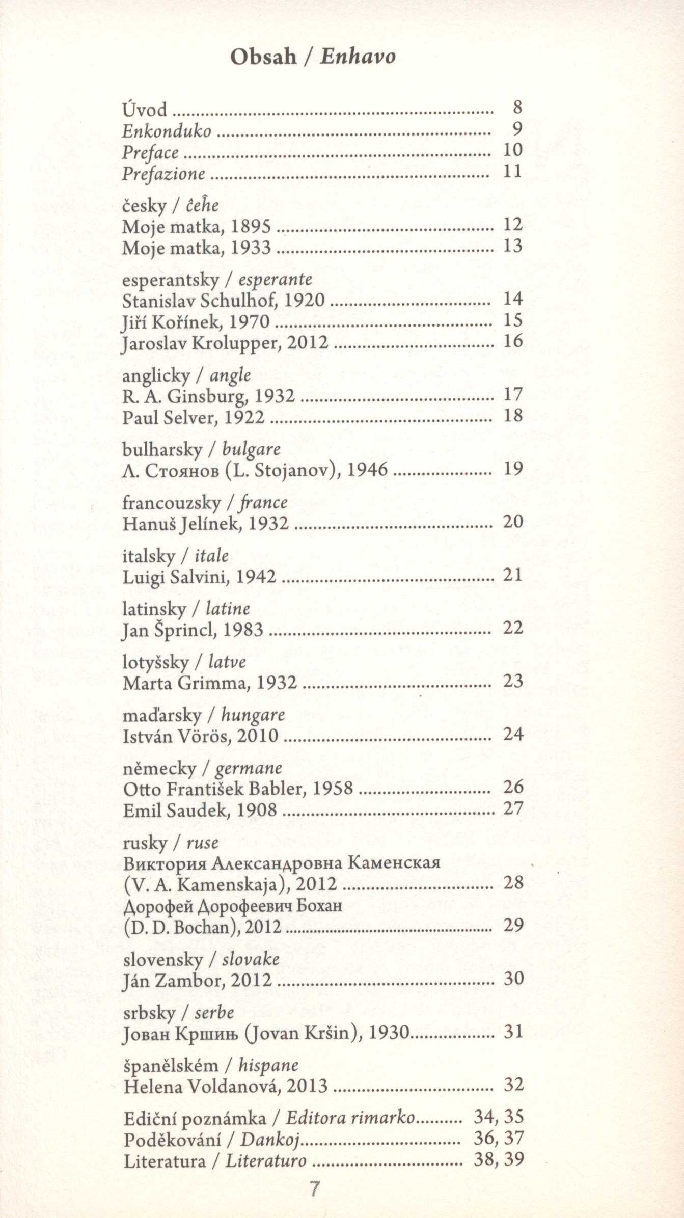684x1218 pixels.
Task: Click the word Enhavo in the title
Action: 358,57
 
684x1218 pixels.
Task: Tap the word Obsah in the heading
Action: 263,57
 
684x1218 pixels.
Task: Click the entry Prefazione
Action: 163,174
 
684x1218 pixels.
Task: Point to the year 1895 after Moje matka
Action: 251,227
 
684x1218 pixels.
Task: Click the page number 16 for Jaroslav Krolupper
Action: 513,341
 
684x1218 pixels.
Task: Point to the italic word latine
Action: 228,609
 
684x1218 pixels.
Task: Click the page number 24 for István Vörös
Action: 513,734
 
